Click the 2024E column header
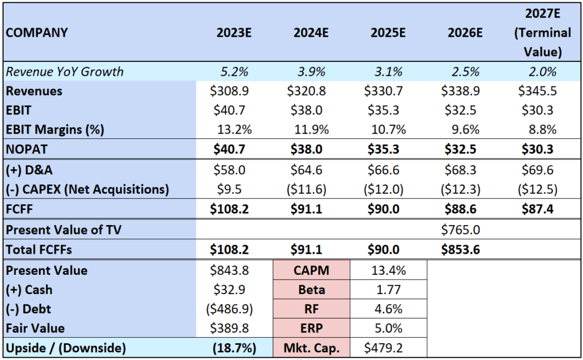[x=311, y=33]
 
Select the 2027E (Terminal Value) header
[x=542, y=33]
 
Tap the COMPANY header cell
[x=37, y=33]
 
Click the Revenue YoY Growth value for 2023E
[x=234, y=72]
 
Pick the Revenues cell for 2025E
[x=384, y=91]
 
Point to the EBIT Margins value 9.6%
[x=465, y=130]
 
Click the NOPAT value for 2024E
[x=307, y=149]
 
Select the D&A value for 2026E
[x=461, y=170]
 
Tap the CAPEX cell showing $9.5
[x=229, y=190]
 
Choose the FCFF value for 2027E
[x=538, y=209]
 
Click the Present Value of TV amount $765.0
[x=461, y=230]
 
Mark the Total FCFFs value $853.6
[x=461, y=249]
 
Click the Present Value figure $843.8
[x=229, y=270]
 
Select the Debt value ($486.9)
[x=229, y=309]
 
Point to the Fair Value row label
[x=36, y=328]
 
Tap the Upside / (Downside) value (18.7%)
[x=234, y=348]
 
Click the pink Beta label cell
[x=311, y=289]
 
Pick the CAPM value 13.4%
[x=388, y=270]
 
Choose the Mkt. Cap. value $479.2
[x=384, y=348]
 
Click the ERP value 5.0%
[x=388, y=328]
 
